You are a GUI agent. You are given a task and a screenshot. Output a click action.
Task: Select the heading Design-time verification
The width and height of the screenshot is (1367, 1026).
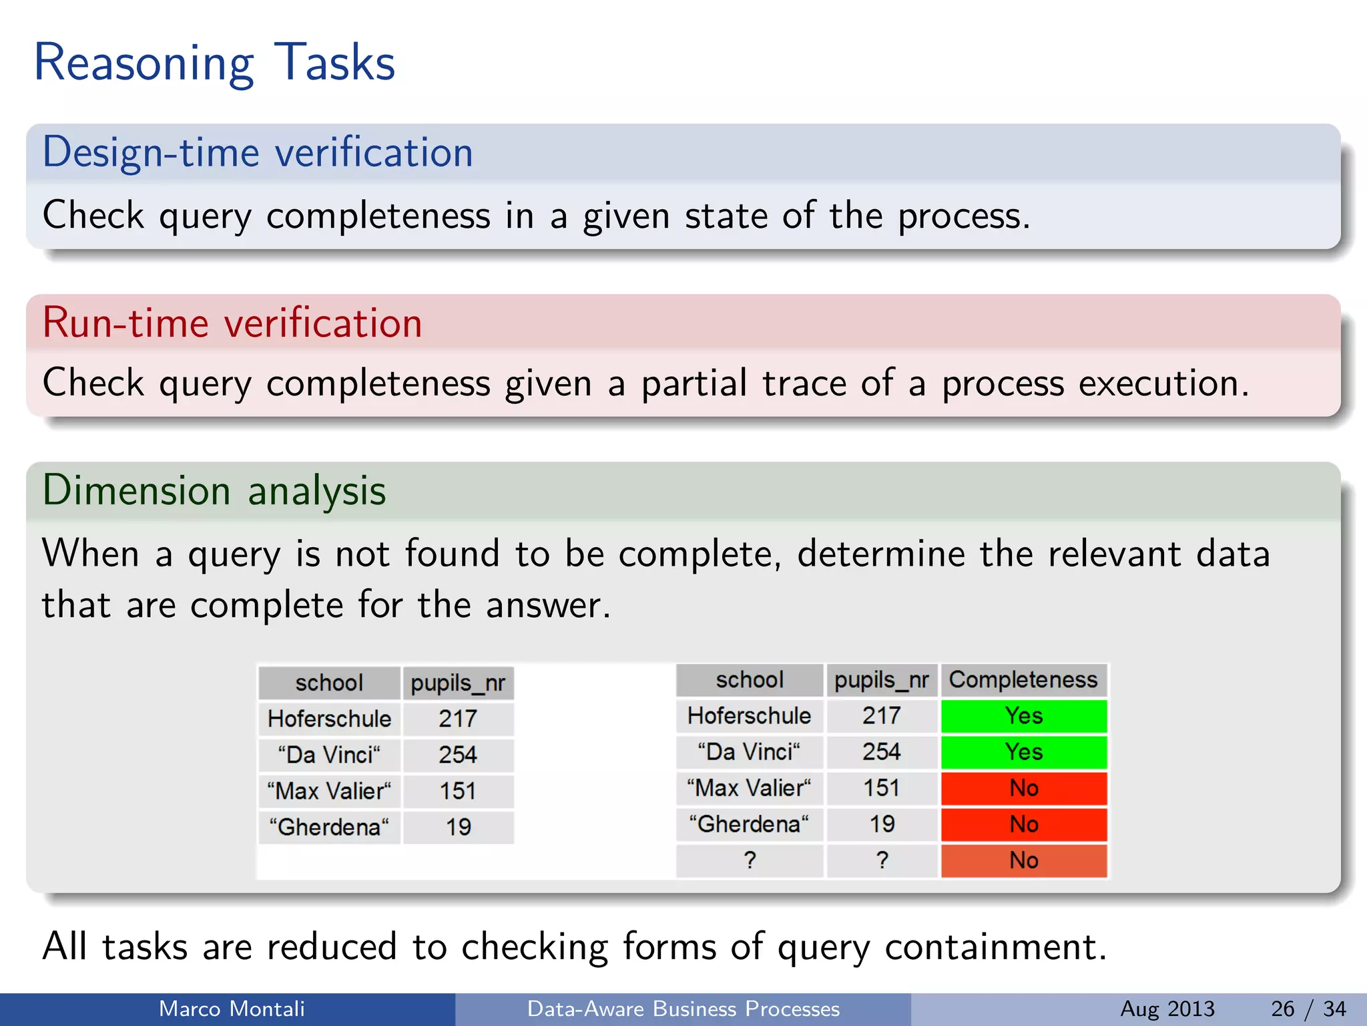point(258,152)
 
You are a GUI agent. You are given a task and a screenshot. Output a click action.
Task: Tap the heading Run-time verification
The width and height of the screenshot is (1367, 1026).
point(232,323)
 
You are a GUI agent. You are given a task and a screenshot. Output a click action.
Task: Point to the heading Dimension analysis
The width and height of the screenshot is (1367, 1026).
point(214,491)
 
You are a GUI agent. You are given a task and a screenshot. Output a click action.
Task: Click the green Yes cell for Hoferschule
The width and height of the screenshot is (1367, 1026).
point(1023,716)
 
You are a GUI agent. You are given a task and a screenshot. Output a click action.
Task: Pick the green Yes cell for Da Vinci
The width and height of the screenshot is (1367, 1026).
point(1023,752)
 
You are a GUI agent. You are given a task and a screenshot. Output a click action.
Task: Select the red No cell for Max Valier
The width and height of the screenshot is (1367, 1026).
point(1023,788)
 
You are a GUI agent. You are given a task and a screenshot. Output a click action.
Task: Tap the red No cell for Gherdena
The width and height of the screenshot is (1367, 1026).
point(1023,824)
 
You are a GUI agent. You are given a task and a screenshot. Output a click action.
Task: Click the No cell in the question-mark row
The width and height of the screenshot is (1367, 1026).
point(1023,860)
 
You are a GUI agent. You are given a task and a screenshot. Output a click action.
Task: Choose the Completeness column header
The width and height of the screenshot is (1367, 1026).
point(1023,680)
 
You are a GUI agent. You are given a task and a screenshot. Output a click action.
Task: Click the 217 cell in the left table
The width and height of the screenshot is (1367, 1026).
point(458,719)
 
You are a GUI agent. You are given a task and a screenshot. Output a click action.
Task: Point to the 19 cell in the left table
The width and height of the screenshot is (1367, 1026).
point(458,828)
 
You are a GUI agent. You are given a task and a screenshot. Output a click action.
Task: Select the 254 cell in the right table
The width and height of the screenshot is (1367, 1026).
point(882,752)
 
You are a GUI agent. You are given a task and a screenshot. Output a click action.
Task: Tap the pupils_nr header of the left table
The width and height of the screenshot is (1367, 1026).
point(458,683)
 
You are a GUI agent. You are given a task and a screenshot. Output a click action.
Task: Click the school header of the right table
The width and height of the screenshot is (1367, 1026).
point(749,680)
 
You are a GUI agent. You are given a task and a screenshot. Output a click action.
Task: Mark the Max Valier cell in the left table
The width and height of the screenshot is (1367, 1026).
point(329,792)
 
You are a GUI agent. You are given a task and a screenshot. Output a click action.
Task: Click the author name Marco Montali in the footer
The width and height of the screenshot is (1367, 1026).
point(232,1009)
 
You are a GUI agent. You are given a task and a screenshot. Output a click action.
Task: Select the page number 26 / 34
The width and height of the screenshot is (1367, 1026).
point(1308,1009)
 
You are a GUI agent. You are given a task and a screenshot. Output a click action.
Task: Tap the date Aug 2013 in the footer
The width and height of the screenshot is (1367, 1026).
point(1167,1009)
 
